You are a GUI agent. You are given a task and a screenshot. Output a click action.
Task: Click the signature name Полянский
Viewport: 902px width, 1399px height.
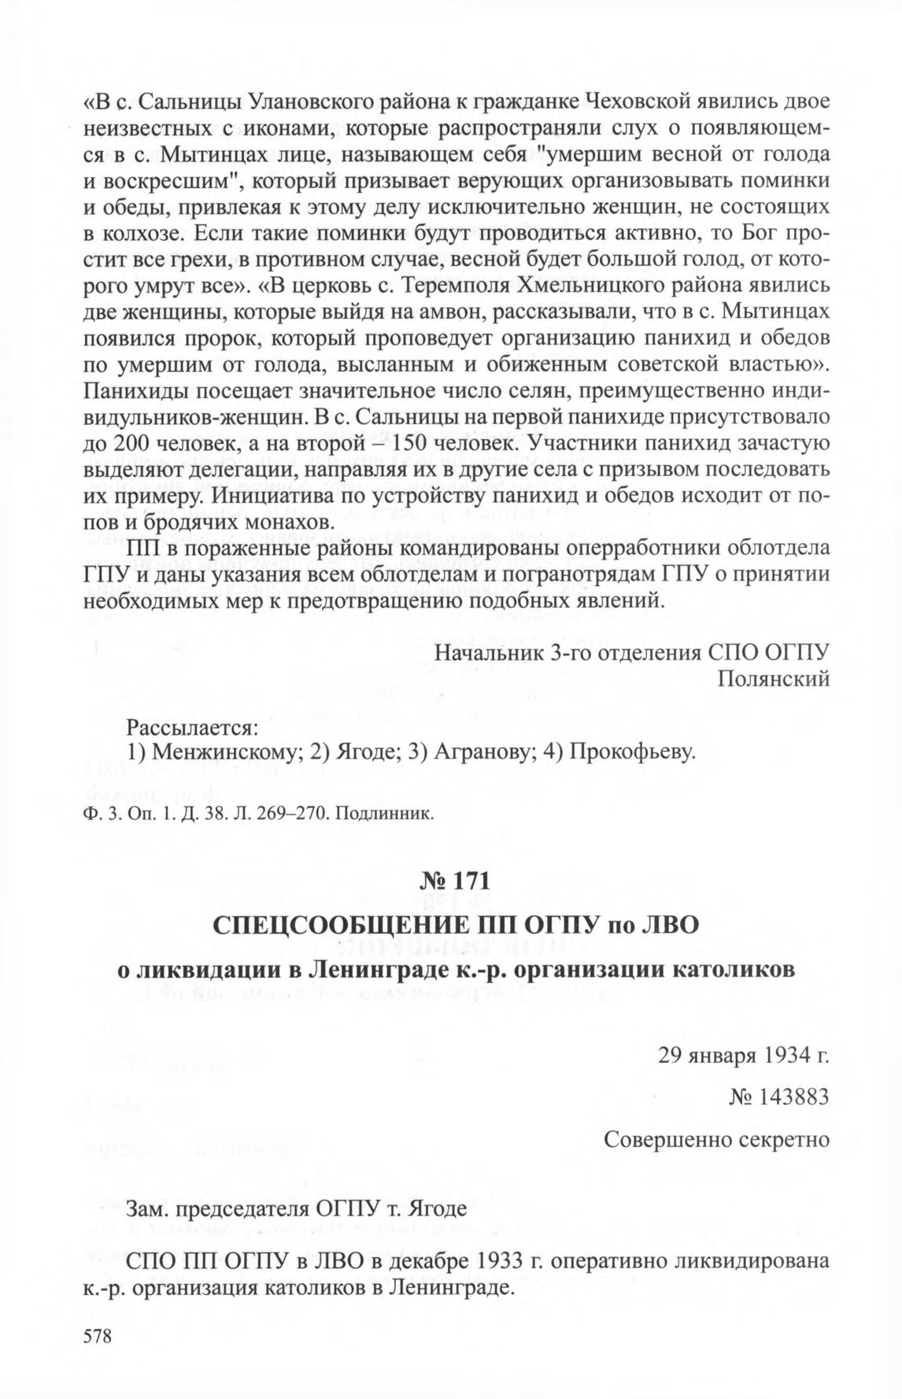click(x=774, y=678)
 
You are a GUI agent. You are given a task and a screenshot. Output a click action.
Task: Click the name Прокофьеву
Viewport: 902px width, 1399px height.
click(x=634, y=752)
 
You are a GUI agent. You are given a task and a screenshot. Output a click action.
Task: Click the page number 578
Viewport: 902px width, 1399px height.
click(x=98, y=1335)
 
